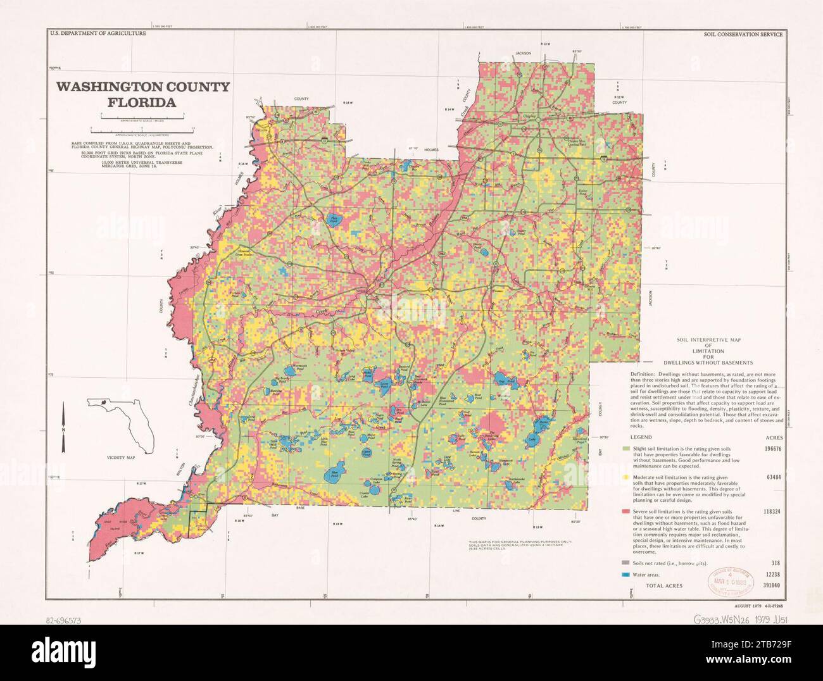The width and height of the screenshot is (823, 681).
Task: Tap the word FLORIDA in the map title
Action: point(142,101)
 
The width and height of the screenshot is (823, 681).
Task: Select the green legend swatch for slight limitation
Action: point(625,449)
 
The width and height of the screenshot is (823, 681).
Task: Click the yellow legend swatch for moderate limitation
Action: point(625,477)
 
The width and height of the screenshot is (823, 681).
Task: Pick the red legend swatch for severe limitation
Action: point(625,511)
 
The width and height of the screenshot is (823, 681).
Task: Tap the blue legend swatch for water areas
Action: point(625,575)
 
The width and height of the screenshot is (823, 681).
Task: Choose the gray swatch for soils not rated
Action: point(625,563)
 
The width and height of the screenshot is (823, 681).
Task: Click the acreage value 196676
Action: point(771,449)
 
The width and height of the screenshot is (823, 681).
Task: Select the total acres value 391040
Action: point(771,586)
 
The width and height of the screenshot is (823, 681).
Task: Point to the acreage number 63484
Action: point(773,477)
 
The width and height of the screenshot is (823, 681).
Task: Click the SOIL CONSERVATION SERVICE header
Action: point(743,33)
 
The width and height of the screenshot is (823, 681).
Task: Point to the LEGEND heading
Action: point(641,437)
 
